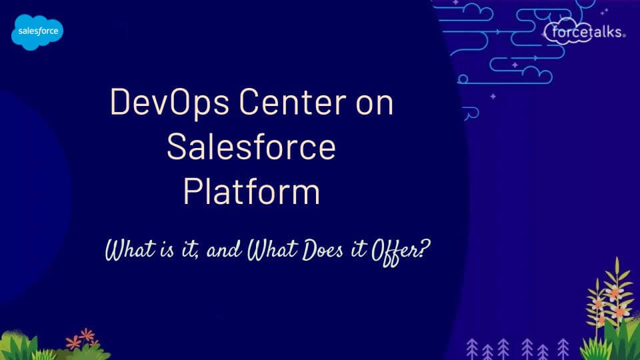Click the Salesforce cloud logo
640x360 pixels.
(37, 31)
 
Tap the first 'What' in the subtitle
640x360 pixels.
(127, 251)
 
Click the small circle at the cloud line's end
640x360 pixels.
(463, 79)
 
